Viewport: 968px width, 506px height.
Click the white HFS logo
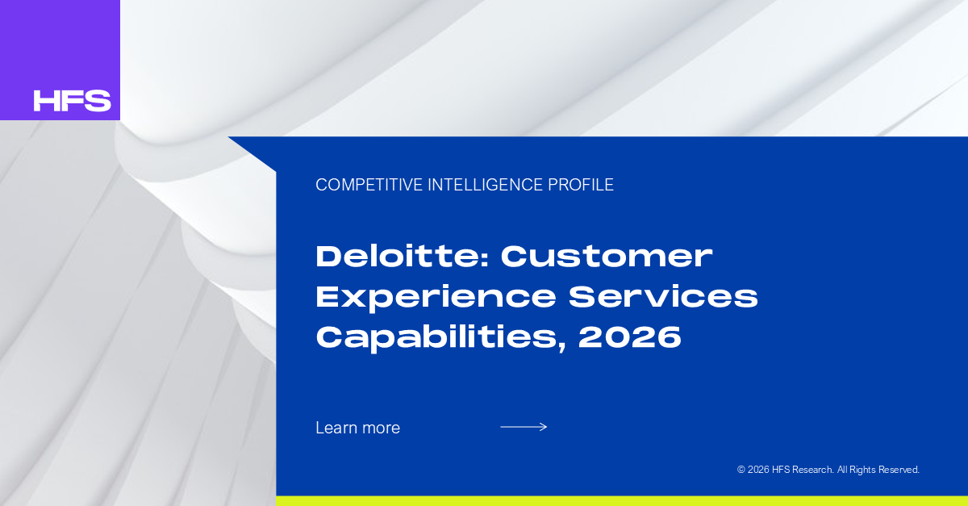click(x=72, y=101)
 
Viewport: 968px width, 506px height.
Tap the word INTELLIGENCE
click(x=486, y=185)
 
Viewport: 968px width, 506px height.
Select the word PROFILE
click(x=581, y=185)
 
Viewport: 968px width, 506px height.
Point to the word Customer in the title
click(x=607, y=257)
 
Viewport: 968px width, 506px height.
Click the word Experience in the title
click(x=436, y=298)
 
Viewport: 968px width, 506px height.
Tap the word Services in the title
click(x=663, y=297)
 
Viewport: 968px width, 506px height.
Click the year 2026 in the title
click(x=630, y=337)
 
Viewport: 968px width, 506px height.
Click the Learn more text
click(x=358, y=428)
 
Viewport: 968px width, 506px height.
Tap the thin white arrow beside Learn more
click(x=524, y=427)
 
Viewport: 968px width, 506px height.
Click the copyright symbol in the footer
click(x=741, y=470)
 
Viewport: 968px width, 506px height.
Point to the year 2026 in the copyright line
click(x=758, y=470)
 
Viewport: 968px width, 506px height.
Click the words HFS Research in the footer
click(x=803, y=470)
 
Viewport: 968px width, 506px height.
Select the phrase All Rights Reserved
click(x=878, y=470)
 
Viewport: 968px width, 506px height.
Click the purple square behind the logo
click(x=60, y=60)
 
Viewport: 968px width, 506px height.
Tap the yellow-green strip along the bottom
click(x=622, y=501)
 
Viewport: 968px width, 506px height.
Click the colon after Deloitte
click(x=485, y=259)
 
